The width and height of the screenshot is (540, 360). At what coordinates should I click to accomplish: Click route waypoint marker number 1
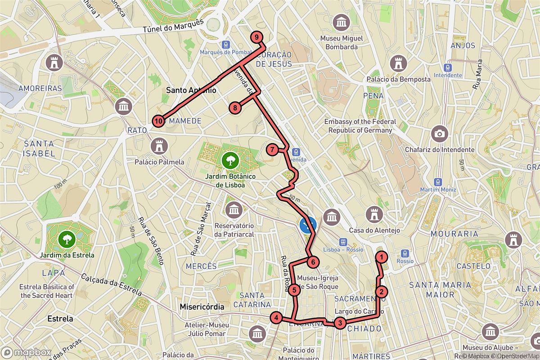(x=382, y=257)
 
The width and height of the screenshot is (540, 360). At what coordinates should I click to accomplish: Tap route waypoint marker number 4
(x=276, y=318)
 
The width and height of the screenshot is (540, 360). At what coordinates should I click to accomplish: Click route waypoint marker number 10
(x=158, y=121)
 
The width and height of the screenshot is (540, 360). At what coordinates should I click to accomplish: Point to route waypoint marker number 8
(x=234, y=108)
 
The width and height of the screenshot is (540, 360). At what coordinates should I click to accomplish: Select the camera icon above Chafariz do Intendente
(x=439, y=134)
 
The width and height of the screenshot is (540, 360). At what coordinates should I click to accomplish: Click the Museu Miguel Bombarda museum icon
(x=342, y=22)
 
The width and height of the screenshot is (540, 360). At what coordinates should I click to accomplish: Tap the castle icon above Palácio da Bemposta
(x=398, y=63)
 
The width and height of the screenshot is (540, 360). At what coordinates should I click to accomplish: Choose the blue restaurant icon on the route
(x=308, y=224)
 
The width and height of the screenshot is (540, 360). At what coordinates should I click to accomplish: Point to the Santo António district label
(x=191, y=90)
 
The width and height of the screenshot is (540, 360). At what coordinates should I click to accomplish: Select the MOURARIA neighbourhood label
(x=454, y=234)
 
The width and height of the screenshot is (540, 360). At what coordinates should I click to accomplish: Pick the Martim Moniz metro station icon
(x=438, y=181)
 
